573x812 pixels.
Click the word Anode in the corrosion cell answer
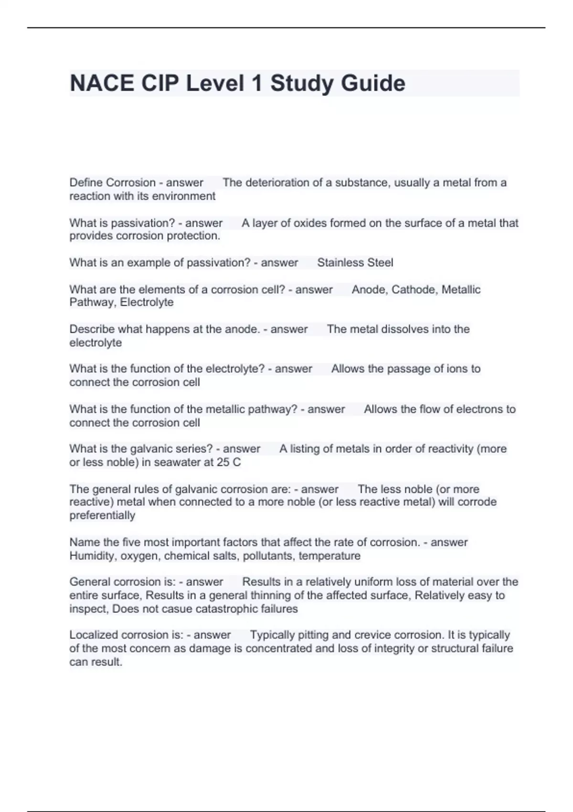tap(368, 289)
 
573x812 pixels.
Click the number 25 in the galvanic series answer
tap(223, 462)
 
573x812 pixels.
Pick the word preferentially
tap(102, 515)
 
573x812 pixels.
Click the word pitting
tap(313, 635)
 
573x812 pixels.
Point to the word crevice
tap(372, 635)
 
